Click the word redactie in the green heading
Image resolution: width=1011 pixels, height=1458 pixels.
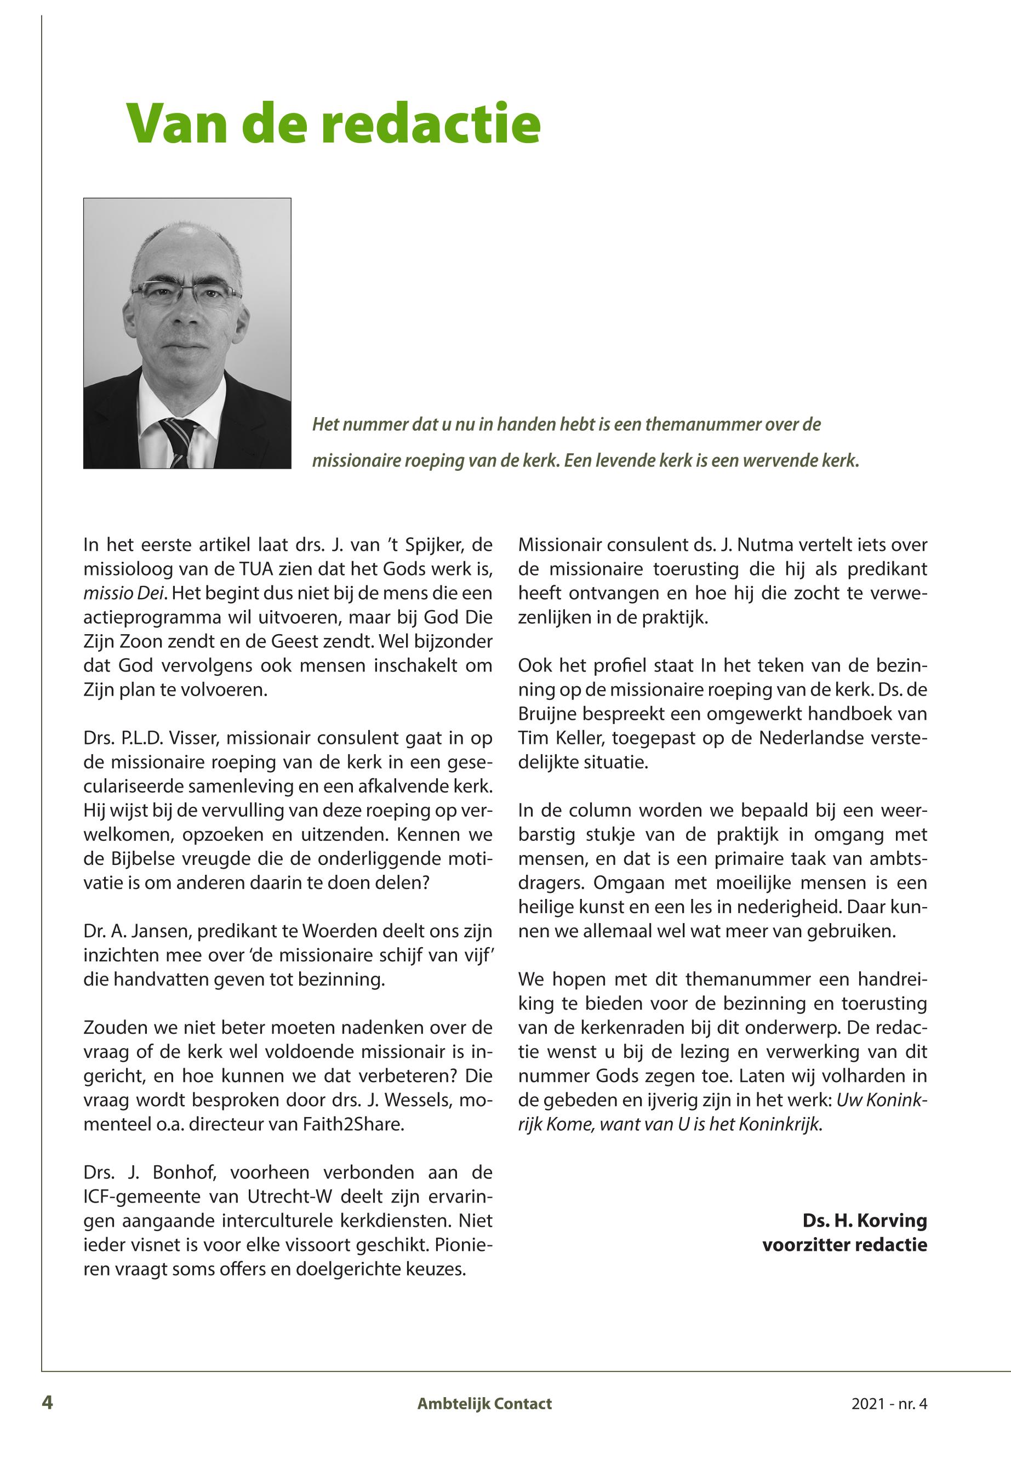(x=431, y=123)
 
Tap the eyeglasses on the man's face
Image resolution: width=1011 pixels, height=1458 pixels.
(x=186, y=293)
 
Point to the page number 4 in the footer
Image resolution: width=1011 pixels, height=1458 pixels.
(x=48, y=1403)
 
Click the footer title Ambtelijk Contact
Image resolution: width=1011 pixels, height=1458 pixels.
(x=484, y=1404)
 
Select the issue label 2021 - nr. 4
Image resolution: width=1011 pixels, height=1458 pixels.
(x=889, y=1404)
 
